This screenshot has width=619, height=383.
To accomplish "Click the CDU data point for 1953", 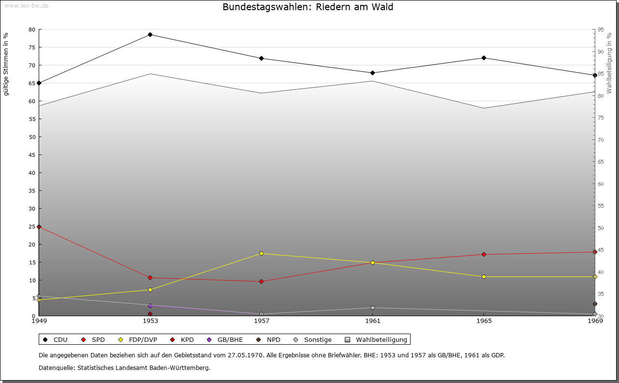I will point(150,35).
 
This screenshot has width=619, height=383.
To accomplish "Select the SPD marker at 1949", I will point(39,227).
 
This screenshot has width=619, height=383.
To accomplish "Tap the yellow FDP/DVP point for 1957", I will point(262,254).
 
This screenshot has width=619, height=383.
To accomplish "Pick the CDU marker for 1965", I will point(484,58).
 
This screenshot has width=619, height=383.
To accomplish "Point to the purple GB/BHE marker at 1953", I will point(150,306).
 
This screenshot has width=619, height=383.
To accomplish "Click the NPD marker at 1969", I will point(595,304).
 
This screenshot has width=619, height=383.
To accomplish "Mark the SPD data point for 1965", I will point(484,255).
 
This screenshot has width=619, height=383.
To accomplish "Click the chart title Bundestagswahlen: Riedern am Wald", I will point(308,7).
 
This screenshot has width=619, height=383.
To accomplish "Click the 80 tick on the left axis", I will point(32,30).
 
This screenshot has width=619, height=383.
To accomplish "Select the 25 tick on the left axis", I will point(32,227).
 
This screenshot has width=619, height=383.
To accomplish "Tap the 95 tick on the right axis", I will point(601,30).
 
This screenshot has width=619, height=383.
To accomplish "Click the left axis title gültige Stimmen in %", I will point(6,64).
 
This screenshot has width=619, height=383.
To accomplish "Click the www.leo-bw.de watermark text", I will point(26,5).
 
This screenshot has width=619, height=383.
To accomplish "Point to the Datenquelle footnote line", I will point(124,368).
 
